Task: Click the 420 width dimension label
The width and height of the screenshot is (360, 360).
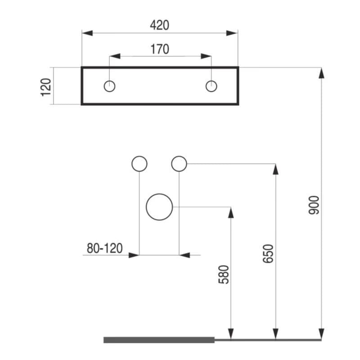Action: (x=160, y=25)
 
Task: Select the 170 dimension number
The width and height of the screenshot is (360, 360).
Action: (x=160, y=49)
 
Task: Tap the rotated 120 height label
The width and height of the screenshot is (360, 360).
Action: (x=46, y=87)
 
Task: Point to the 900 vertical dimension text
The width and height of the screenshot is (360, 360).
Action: (x=314, y=205)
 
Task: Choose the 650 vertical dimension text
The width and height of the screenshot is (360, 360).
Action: (x=268, y=253)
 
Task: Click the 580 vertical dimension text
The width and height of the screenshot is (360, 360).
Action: (x=223, y=274)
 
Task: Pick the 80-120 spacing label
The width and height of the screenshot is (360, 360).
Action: (x=105, y=248)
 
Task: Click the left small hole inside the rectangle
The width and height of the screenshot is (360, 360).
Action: (x=109, y=86)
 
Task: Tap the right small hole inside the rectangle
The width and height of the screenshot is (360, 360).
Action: (x=211, y=86)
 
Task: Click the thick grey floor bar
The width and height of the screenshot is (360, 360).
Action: (x=159, y=340)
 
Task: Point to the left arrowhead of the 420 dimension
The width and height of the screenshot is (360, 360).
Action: (x=87, y=33)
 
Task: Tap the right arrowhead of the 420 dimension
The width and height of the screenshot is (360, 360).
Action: (x=232, y=33)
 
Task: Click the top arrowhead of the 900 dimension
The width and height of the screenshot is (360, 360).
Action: (x=321, y=73)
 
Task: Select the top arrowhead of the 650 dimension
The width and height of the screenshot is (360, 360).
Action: (x=276, y=170)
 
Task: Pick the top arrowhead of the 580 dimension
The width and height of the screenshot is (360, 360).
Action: (x=231, y=212)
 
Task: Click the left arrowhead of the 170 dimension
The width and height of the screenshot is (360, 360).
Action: (x=115, y=56)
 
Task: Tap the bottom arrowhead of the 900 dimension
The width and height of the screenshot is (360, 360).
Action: (x=321, y=334)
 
